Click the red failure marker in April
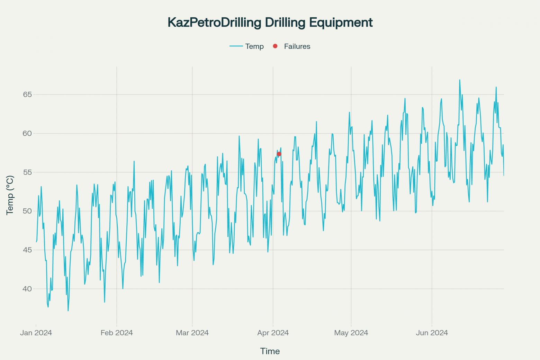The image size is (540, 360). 279,154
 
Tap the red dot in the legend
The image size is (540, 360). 275,46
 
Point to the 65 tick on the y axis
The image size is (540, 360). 27,94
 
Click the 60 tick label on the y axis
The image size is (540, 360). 27,133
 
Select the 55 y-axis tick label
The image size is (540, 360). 27,172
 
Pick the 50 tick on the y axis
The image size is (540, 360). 27,211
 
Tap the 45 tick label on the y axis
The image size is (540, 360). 27,250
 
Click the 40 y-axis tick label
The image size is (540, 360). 27,289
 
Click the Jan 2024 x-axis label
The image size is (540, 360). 36,333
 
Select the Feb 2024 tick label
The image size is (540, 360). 117,333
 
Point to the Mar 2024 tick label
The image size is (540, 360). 192,333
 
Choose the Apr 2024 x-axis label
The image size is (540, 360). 273,333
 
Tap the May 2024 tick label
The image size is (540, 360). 351,333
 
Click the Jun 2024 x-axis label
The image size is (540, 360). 432,333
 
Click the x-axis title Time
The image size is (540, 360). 270,351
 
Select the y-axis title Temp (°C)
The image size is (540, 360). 10,195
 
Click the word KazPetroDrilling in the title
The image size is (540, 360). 214,22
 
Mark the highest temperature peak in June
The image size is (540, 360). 460,80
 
